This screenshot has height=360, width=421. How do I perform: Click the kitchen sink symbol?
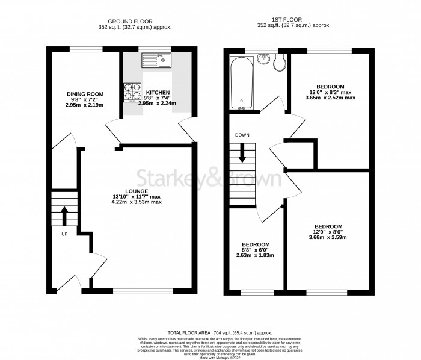pyautogui.click(x=156, y=60)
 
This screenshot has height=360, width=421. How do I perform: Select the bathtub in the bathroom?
pyautogui.click(x=241, y=84)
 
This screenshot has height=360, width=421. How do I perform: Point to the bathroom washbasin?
pyautogui.click(x=263, y=59)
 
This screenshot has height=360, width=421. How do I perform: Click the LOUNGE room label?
pyautogui.click(x=137, y=191)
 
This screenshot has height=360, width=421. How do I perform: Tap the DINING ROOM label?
pyautogui.click(x=85, y=94)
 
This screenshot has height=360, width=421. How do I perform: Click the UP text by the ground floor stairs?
pyautogui.click(x=64, y=234)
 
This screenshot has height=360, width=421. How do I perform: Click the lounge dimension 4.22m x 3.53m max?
pyautogui.click(x=137, y=202)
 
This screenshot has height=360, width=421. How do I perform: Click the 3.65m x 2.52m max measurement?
pyautogui.click(x=331, y=98)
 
